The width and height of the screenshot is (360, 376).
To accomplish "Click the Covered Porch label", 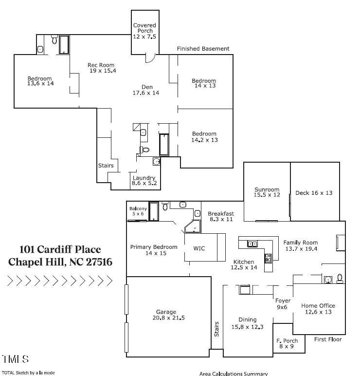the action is (x=144, y=31).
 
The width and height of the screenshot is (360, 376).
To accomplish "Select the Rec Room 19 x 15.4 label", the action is (x=102, y=68).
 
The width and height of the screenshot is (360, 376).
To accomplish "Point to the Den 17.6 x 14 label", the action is (x=146, y=90).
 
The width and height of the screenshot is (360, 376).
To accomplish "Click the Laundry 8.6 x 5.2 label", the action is (x=144, y=180).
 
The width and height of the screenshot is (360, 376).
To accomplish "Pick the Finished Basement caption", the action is (x=203, y=49).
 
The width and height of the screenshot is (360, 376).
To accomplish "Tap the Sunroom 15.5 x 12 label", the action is (x=267, y=192).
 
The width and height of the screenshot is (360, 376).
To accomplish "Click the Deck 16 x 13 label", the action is (x=314, y=193).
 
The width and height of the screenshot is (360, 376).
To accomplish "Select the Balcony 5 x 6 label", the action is (x=138, y=211).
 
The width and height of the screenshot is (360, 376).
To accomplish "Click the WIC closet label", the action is (x=199, y=248).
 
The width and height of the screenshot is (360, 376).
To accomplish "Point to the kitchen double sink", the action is (x=252, y=244).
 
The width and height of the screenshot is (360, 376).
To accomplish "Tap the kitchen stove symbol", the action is (x=268, y=258).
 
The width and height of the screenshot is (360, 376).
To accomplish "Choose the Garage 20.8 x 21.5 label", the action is (x=168, y=315).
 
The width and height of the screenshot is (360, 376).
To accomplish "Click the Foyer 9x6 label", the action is (x=283, y=304).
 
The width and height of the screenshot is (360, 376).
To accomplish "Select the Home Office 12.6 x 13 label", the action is (x=318, y=309).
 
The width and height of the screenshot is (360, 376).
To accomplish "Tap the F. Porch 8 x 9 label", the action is (x=287, y=343).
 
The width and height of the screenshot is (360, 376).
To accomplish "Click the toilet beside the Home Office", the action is (x=340, y=279).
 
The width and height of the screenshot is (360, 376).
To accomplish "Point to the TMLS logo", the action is (x=16, y=359).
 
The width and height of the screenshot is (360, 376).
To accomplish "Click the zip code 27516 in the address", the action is (x=99, y=262).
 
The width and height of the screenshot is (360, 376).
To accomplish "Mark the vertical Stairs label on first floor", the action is (x=216, y=329).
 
